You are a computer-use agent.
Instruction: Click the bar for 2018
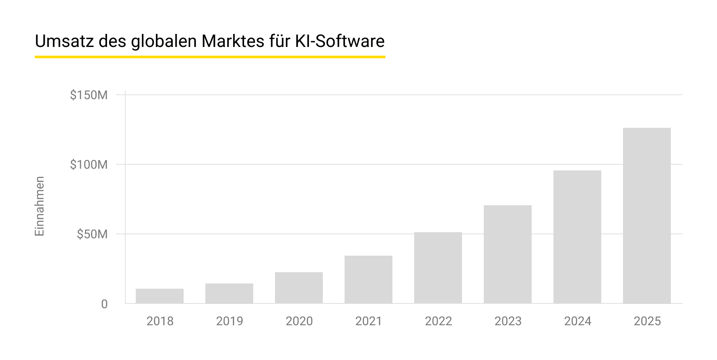[159, 296]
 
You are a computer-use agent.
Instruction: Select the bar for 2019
[229, 293]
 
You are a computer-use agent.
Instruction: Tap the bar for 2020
[298, 288]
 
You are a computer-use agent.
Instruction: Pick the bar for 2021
[368, 280]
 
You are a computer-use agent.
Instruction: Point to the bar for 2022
[438, 268]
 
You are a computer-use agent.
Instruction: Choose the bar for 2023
[507, 254]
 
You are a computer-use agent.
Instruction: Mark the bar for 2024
[577, 237]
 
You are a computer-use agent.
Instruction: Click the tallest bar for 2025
[647, 216]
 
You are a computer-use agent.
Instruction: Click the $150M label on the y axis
[89, 95]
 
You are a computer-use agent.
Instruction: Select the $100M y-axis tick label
[89, 165]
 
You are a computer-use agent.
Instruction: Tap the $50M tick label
[92, 234]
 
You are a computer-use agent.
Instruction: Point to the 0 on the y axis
[104, 304]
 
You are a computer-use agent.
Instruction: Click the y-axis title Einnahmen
[40, 206]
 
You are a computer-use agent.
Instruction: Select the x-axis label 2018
[160, 321]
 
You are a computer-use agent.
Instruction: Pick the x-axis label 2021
[369, 321]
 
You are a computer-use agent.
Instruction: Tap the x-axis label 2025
[647, 321]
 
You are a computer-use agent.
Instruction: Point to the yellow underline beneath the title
[210, 57]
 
